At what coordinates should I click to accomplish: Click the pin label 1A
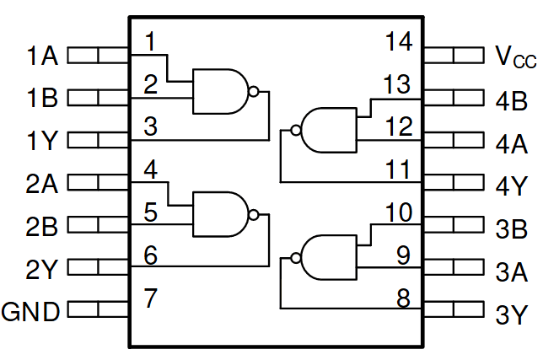click(41, 56)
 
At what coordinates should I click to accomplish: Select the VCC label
click(514, 56)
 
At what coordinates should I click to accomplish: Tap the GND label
click(31, 312)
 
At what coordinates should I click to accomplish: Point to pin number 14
click(398, 41)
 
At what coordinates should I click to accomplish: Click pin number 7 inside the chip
click(150, 297)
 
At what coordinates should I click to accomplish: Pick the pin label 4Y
click(512, 185)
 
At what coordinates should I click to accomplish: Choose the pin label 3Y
click(512, 315)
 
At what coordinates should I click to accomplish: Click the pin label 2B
click(41, 226)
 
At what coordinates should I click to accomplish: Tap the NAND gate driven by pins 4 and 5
click(222, 214)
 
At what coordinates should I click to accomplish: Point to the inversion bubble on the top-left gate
click(253, 89)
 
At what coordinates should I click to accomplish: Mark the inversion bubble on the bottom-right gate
click(295, 257)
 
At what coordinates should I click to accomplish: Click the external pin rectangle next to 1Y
click(97, 140)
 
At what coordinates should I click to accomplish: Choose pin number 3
click(150, 127)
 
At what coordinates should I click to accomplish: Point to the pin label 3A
click(512, 271)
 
